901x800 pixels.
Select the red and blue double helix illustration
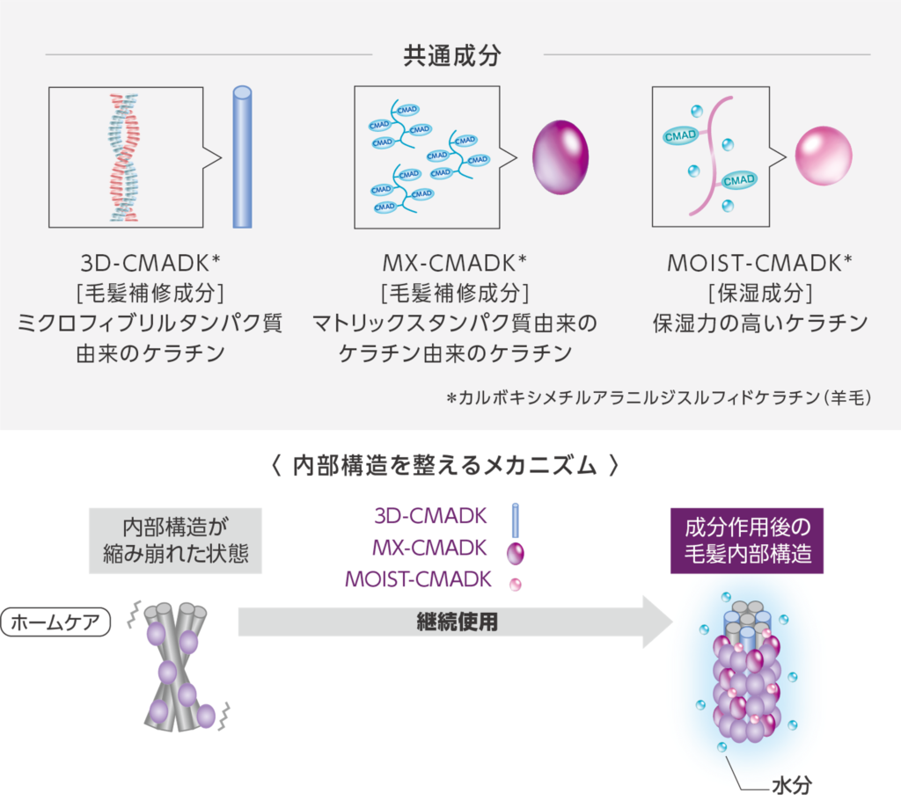click(x=123, y=156)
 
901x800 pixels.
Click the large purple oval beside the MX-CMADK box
click(x=560, y=158)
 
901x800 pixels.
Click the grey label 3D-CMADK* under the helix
click(x=149, y=263)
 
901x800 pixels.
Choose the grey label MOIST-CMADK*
click(x=759, y=263)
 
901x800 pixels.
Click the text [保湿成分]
click(x=759, y=293)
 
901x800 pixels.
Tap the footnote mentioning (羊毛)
click(x=659, y=398)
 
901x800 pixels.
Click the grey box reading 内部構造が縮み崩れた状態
click(x=176, y=540)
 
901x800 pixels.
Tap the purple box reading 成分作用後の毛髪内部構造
click(x=747, y=540)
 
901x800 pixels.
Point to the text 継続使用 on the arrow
click(x=457, y=622)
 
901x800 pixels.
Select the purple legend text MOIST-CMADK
click(x=416, y=579)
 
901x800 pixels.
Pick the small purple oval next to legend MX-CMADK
click(x=516, y=552)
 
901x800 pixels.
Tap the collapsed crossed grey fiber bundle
click(x=179, y=665)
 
